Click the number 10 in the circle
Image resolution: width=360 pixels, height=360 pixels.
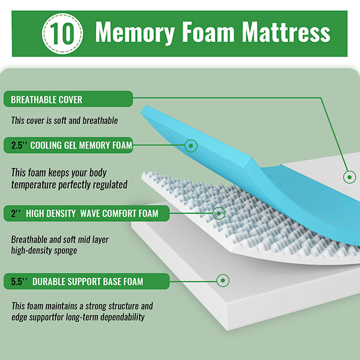click(x=64, y=32)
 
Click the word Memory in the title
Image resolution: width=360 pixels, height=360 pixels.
click(x=135, y=32)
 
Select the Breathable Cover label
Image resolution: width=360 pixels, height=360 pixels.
click(x=47, y=100)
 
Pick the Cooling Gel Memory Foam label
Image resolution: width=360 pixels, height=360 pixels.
click(x=81, y=145)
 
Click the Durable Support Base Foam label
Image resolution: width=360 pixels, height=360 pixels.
click(x=88, y=281)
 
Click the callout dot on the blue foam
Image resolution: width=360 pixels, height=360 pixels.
click(x=192, y=146)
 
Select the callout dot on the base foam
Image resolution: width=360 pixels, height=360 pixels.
click(x=223, y=280)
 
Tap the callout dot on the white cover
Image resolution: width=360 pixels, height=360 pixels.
click(x=349, y=177)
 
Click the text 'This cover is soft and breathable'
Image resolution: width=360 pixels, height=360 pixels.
click(x=65, y=120)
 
